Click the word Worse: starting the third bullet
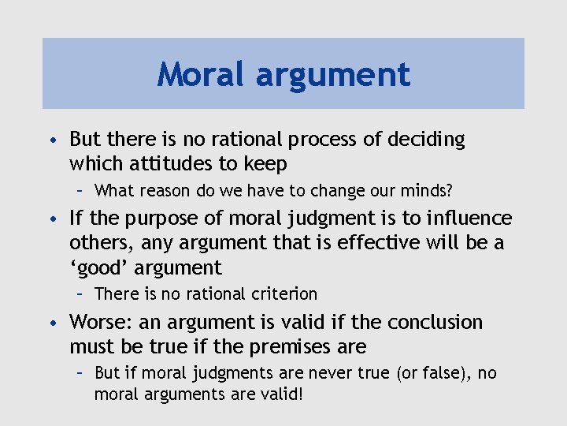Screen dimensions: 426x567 [x=96, y=323]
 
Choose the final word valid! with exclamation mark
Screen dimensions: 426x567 [x=279, y=394]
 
